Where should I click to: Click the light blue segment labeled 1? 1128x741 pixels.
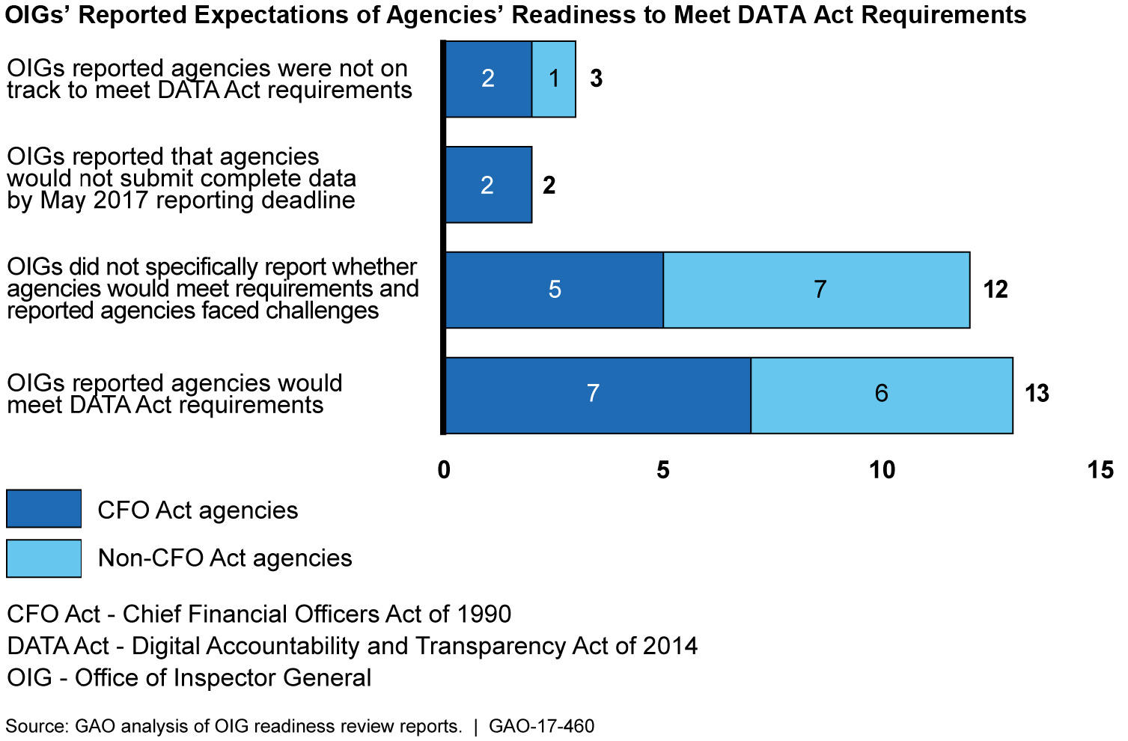click(554, 79)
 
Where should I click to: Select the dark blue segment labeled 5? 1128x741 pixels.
click(554, 290)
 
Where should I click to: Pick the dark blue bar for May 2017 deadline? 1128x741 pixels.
click(488, 185)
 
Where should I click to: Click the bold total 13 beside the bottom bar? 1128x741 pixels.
click(1037, 394)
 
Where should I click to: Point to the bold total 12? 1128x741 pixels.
click(996, 290)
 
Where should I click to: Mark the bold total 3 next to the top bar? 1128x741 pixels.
click(596, 79)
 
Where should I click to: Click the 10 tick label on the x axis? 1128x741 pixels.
click(882, 470)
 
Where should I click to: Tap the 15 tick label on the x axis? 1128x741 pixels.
click(1100, 470)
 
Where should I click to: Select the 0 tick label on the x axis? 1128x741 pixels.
click(445, 470)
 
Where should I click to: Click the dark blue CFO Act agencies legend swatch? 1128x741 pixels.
click(43, 509)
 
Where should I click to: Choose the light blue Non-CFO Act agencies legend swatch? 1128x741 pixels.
click(43, 558)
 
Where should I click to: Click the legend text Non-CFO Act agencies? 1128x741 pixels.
click(225, 558)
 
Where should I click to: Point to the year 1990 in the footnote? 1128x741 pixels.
click(485, 615)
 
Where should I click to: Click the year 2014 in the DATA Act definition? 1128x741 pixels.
click(671, 647)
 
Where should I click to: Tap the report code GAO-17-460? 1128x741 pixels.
click(541, 726)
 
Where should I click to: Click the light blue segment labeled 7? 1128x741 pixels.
click(820, 290)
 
